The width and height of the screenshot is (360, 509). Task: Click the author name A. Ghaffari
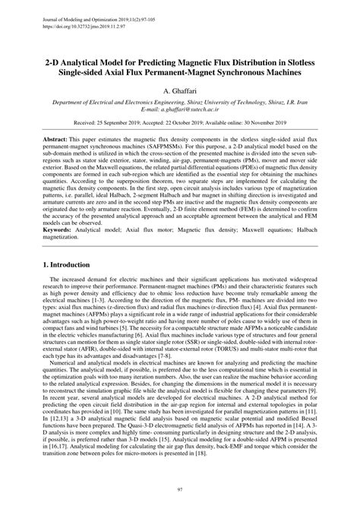point(180,90)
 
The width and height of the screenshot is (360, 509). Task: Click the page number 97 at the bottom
point(180,490)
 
